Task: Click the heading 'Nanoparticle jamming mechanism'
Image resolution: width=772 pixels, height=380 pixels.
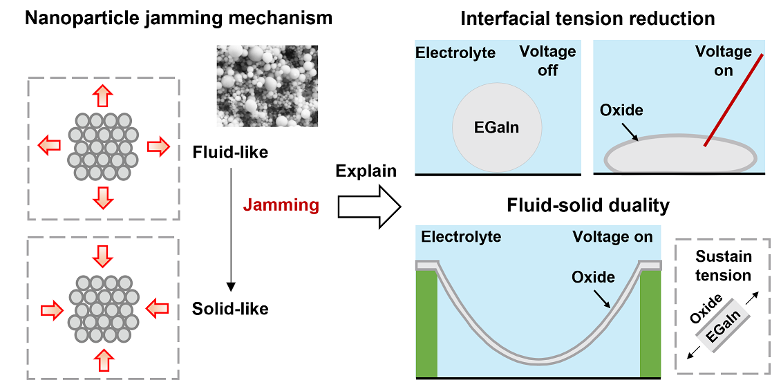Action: click(178, 19)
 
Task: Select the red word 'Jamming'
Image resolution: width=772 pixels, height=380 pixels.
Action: click(281, 205)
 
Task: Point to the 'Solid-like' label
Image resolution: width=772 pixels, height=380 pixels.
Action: click(230, 309)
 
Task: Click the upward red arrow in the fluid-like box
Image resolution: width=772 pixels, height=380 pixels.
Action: click(103, 95)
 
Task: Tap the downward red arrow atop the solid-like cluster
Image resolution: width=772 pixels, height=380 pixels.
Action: click(103, 256)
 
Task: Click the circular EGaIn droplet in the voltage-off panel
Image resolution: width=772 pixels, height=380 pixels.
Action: click(497, 129)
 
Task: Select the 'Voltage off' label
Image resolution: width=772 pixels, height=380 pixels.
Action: click(547, 61)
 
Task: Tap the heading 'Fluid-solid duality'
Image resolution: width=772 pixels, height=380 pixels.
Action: click(587, 206)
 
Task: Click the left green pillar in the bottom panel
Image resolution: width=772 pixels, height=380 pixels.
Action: click(426, 321)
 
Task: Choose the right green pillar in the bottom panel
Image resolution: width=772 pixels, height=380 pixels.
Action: click(651, 321)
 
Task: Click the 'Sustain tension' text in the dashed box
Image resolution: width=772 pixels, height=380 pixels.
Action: click(723, 266)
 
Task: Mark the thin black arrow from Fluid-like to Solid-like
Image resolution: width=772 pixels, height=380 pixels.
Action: click(231, 228)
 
